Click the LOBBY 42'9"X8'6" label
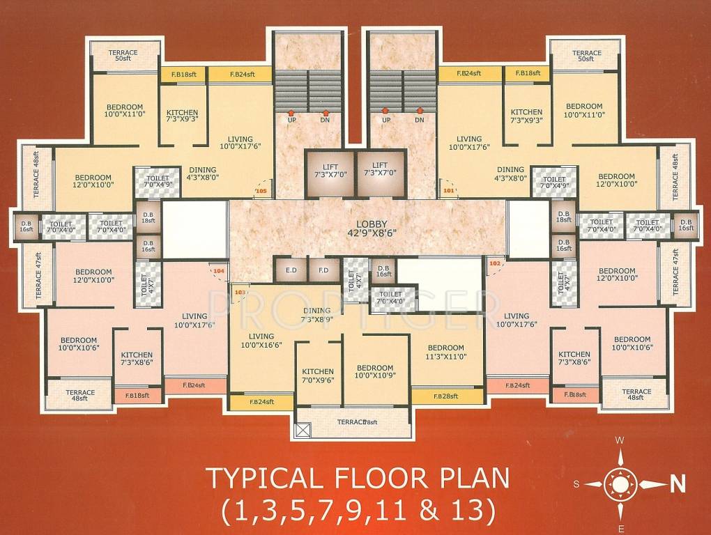(x=367, y=231)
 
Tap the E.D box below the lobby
(x=291, y=270)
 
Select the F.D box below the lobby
(x=323, y=270)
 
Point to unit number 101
(x=448, y=189)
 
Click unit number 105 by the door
(x=261, y=190)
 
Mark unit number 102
(x=496, y=264)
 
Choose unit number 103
(x=240, y=292)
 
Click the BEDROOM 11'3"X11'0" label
(x=446, y=352)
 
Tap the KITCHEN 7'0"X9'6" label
(x=318, y=376)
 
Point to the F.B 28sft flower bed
(x=447, y=396)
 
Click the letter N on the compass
(x=675, y=483)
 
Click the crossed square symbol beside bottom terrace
(x=303, y=430)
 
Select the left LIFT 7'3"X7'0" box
(x=330, y=171)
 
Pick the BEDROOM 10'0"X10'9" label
(x=375, y=372)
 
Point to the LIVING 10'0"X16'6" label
(x=261, y=341)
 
